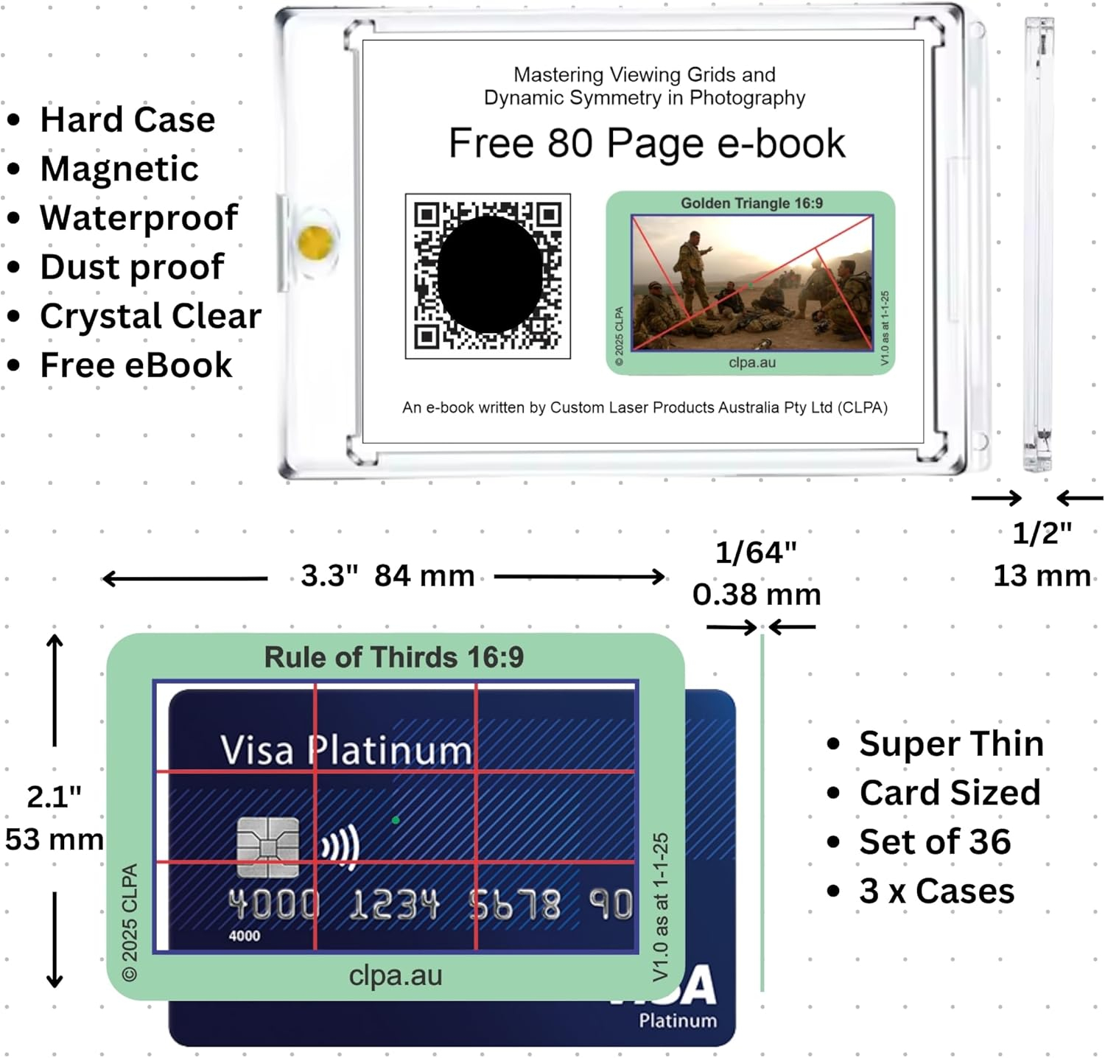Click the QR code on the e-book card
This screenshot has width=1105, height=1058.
[x=488, y=276]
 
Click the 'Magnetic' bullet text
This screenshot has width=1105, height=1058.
[x=119, y=169]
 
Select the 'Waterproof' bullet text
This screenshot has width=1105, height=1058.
[x=139, y=218]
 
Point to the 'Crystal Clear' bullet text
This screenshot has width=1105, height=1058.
[x=151, y=317]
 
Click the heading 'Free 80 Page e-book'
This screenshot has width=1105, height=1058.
[x=647, y=144]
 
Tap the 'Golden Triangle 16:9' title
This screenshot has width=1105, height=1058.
[x=751, y=203]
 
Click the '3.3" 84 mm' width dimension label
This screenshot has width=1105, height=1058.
[x=388, y=576]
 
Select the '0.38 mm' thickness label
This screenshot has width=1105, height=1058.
[x=757, y=595]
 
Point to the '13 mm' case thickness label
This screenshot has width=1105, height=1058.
[x=1042, y=576]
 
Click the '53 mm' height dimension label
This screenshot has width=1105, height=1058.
[x=54, y=840]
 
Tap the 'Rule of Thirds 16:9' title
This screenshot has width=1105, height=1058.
[x=394, y=657]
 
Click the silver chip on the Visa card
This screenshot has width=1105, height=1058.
[x=268, y=847]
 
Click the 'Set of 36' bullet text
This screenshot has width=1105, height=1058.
[x=935, y=842]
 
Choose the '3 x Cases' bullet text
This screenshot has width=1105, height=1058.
[x=937, y=891]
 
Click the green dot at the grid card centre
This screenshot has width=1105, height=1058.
[x=396, y=820]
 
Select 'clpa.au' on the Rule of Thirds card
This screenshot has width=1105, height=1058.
[x=396, y=975]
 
